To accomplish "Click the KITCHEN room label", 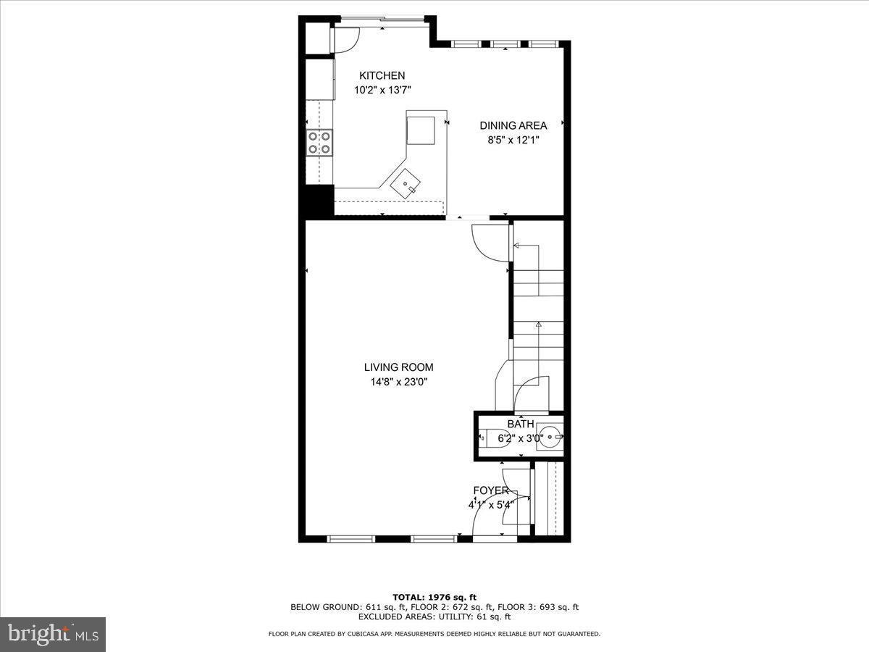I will tap(382, 75).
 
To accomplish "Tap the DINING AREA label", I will tap(513, 125).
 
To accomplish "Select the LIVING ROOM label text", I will tap(398, 367).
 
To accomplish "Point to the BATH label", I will tap(520, 424).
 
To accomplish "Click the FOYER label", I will tap(490, 490).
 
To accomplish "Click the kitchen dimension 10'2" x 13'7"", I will tap(382, 91).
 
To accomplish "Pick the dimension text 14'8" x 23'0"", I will tap(398, 382).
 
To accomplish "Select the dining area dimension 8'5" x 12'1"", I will tap(513, 140).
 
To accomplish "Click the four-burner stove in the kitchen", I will tap(319, 142).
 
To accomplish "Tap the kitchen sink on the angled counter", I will tap(406, 184).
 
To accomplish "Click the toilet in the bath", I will tap(495, 438).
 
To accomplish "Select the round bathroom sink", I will tap(549, 437).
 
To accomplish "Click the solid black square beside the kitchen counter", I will tap(319, 201).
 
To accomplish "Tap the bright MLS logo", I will tap(53, 635).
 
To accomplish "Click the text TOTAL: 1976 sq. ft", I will tap(434, 597).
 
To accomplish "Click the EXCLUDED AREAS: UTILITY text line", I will tap(434, 617).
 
